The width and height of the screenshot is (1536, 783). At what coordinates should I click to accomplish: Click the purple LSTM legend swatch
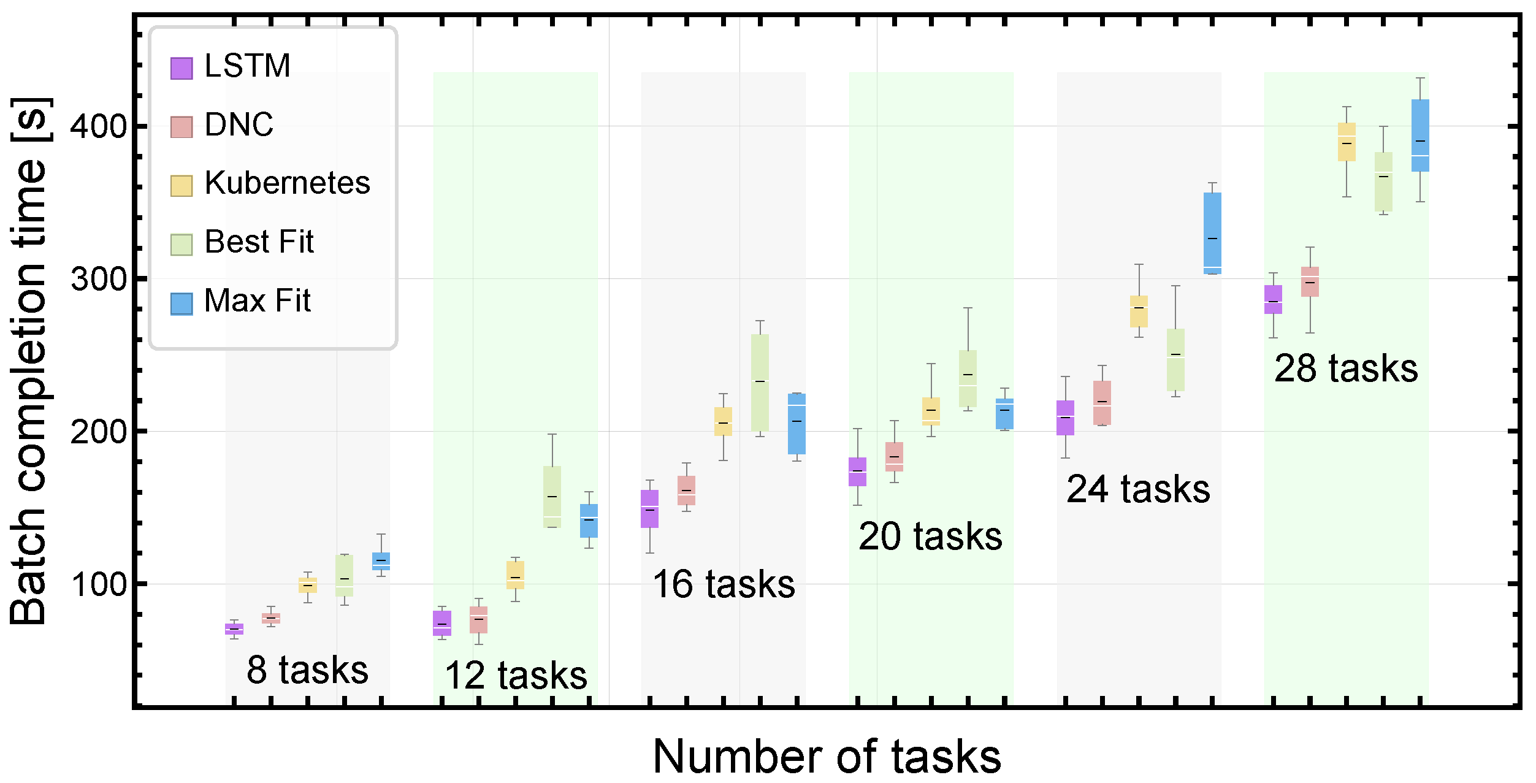[181, 68]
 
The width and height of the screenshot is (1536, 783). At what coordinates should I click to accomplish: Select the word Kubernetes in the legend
[287, 183]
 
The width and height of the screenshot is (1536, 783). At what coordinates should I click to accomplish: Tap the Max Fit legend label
[258, 300]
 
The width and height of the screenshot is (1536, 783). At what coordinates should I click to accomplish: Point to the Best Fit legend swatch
[181, 244]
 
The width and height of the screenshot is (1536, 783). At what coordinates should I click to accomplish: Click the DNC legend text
[239, 124]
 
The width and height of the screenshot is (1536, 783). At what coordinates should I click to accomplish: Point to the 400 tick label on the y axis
[98, 126]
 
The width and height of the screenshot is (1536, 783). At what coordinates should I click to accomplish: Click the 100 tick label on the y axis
[98, 584]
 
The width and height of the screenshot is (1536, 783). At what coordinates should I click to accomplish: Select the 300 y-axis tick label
[98, 279]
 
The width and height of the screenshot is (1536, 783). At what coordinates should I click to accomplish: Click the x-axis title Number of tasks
[827, 757]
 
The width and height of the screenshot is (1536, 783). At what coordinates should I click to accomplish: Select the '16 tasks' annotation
[724, 584]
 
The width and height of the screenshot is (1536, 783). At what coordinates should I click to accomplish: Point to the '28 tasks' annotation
[1346, 369]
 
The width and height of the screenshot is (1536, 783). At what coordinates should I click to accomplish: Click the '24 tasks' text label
[1138, 489]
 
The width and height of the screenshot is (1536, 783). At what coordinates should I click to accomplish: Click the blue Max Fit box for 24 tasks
[1212, 233]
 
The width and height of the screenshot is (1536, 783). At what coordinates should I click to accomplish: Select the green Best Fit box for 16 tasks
[760, 383]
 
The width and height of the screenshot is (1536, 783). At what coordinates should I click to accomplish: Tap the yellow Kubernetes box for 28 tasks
[1347, 142]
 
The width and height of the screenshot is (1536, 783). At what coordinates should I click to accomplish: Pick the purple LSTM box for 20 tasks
[857, 472]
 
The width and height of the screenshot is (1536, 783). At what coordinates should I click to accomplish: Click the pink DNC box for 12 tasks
[478, 619]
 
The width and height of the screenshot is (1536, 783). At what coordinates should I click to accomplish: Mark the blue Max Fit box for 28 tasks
[1420, 135]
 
